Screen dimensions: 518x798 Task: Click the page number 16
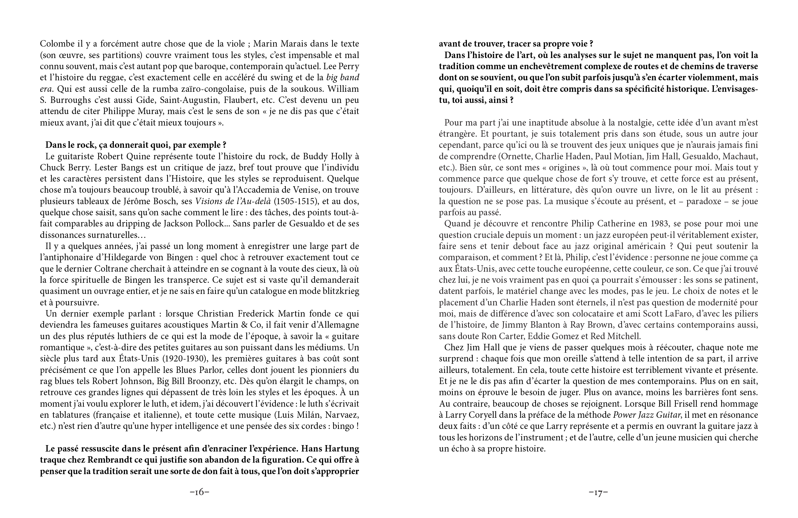pos(199,492)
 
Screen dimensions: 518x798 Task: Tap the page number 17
pos(598,493)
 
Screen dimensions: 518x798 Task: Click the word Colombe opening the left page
pos(56,44)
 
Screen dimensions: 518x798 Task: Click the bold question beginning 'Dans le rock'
pos(135,145)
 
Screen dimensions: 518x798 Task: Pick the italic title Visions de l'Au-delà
pos(233,201)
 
